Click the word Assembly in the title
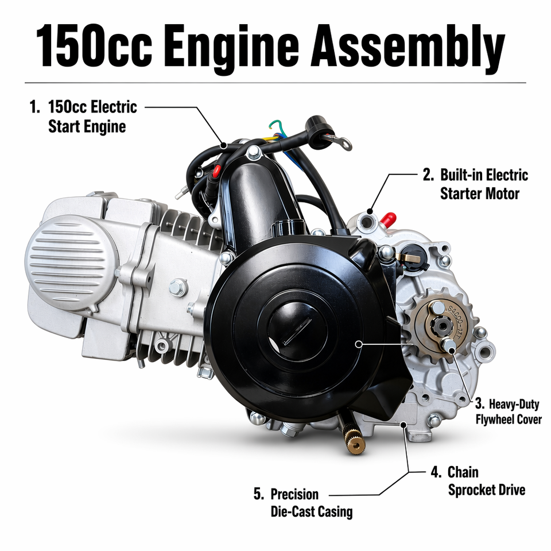click(408, 48)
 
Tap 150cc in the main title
click(94, 46)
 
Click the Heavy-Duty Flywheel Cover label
click(509, 412)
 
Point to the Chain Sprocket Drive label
click(478, 481)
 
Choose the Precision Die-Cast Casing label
click(303, 503)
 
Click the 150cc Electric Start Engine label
click(83, 117)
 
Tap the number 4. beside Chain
click(436, 472)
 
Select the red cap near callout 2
click(388, 219)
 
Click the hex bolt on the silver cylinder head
click(178, 288)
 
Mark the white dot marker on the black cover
click(358, 344)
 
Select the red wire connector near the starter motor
click(216, 171)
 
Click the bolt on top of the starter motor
click(254, 153)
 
